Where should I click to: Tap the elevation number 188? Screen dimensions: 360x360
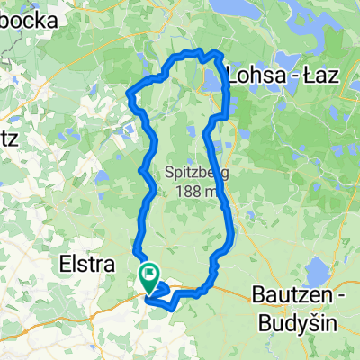(x=183, y=191)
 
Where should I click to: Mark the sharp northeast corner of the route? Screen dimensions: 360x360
(x=220, y=57)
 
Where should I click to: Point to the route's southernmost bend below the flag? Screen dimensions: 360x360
(x=160, y=306)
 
